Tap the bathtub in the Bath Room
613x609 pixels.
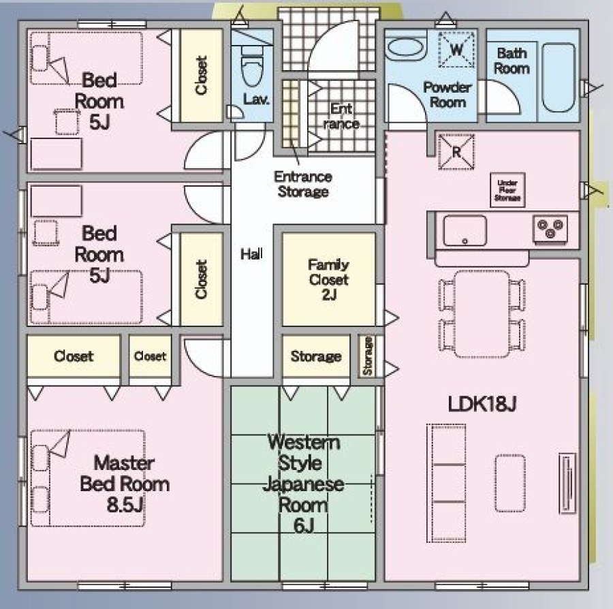tap(559, 78)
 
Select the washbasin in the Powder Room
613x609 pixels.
tap(405, 48)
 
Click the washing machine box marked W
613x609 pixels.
tap(456, 50)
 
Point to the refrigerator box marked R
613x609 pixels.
tap(456, 152)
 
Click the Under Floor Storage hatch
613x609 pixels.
tap(507, 190)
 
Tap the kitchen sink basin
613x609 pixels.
tap(465, 231)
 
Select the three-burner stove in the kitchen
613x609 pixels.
tap(550, 229)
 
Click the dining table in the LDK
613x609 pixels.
tap(482, 314)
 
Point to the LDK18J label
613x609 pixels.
tap(482, 404)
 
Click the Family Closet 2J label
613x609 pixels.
tap(328, 279)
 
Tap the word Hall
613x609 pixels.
tap(251, 254)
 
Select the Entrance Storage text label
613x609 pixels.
tap(303, 184)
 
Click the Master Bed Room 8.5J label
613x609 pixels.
tap(125, 484)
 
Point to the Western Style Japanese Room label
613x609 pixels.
tap(303, 484)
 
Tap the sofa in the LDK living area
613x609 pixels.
tap(446, 483)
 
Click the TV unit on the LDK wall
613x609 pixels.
tap(567, 483)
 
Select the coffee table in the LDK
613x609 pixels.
tap(510, 483)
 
